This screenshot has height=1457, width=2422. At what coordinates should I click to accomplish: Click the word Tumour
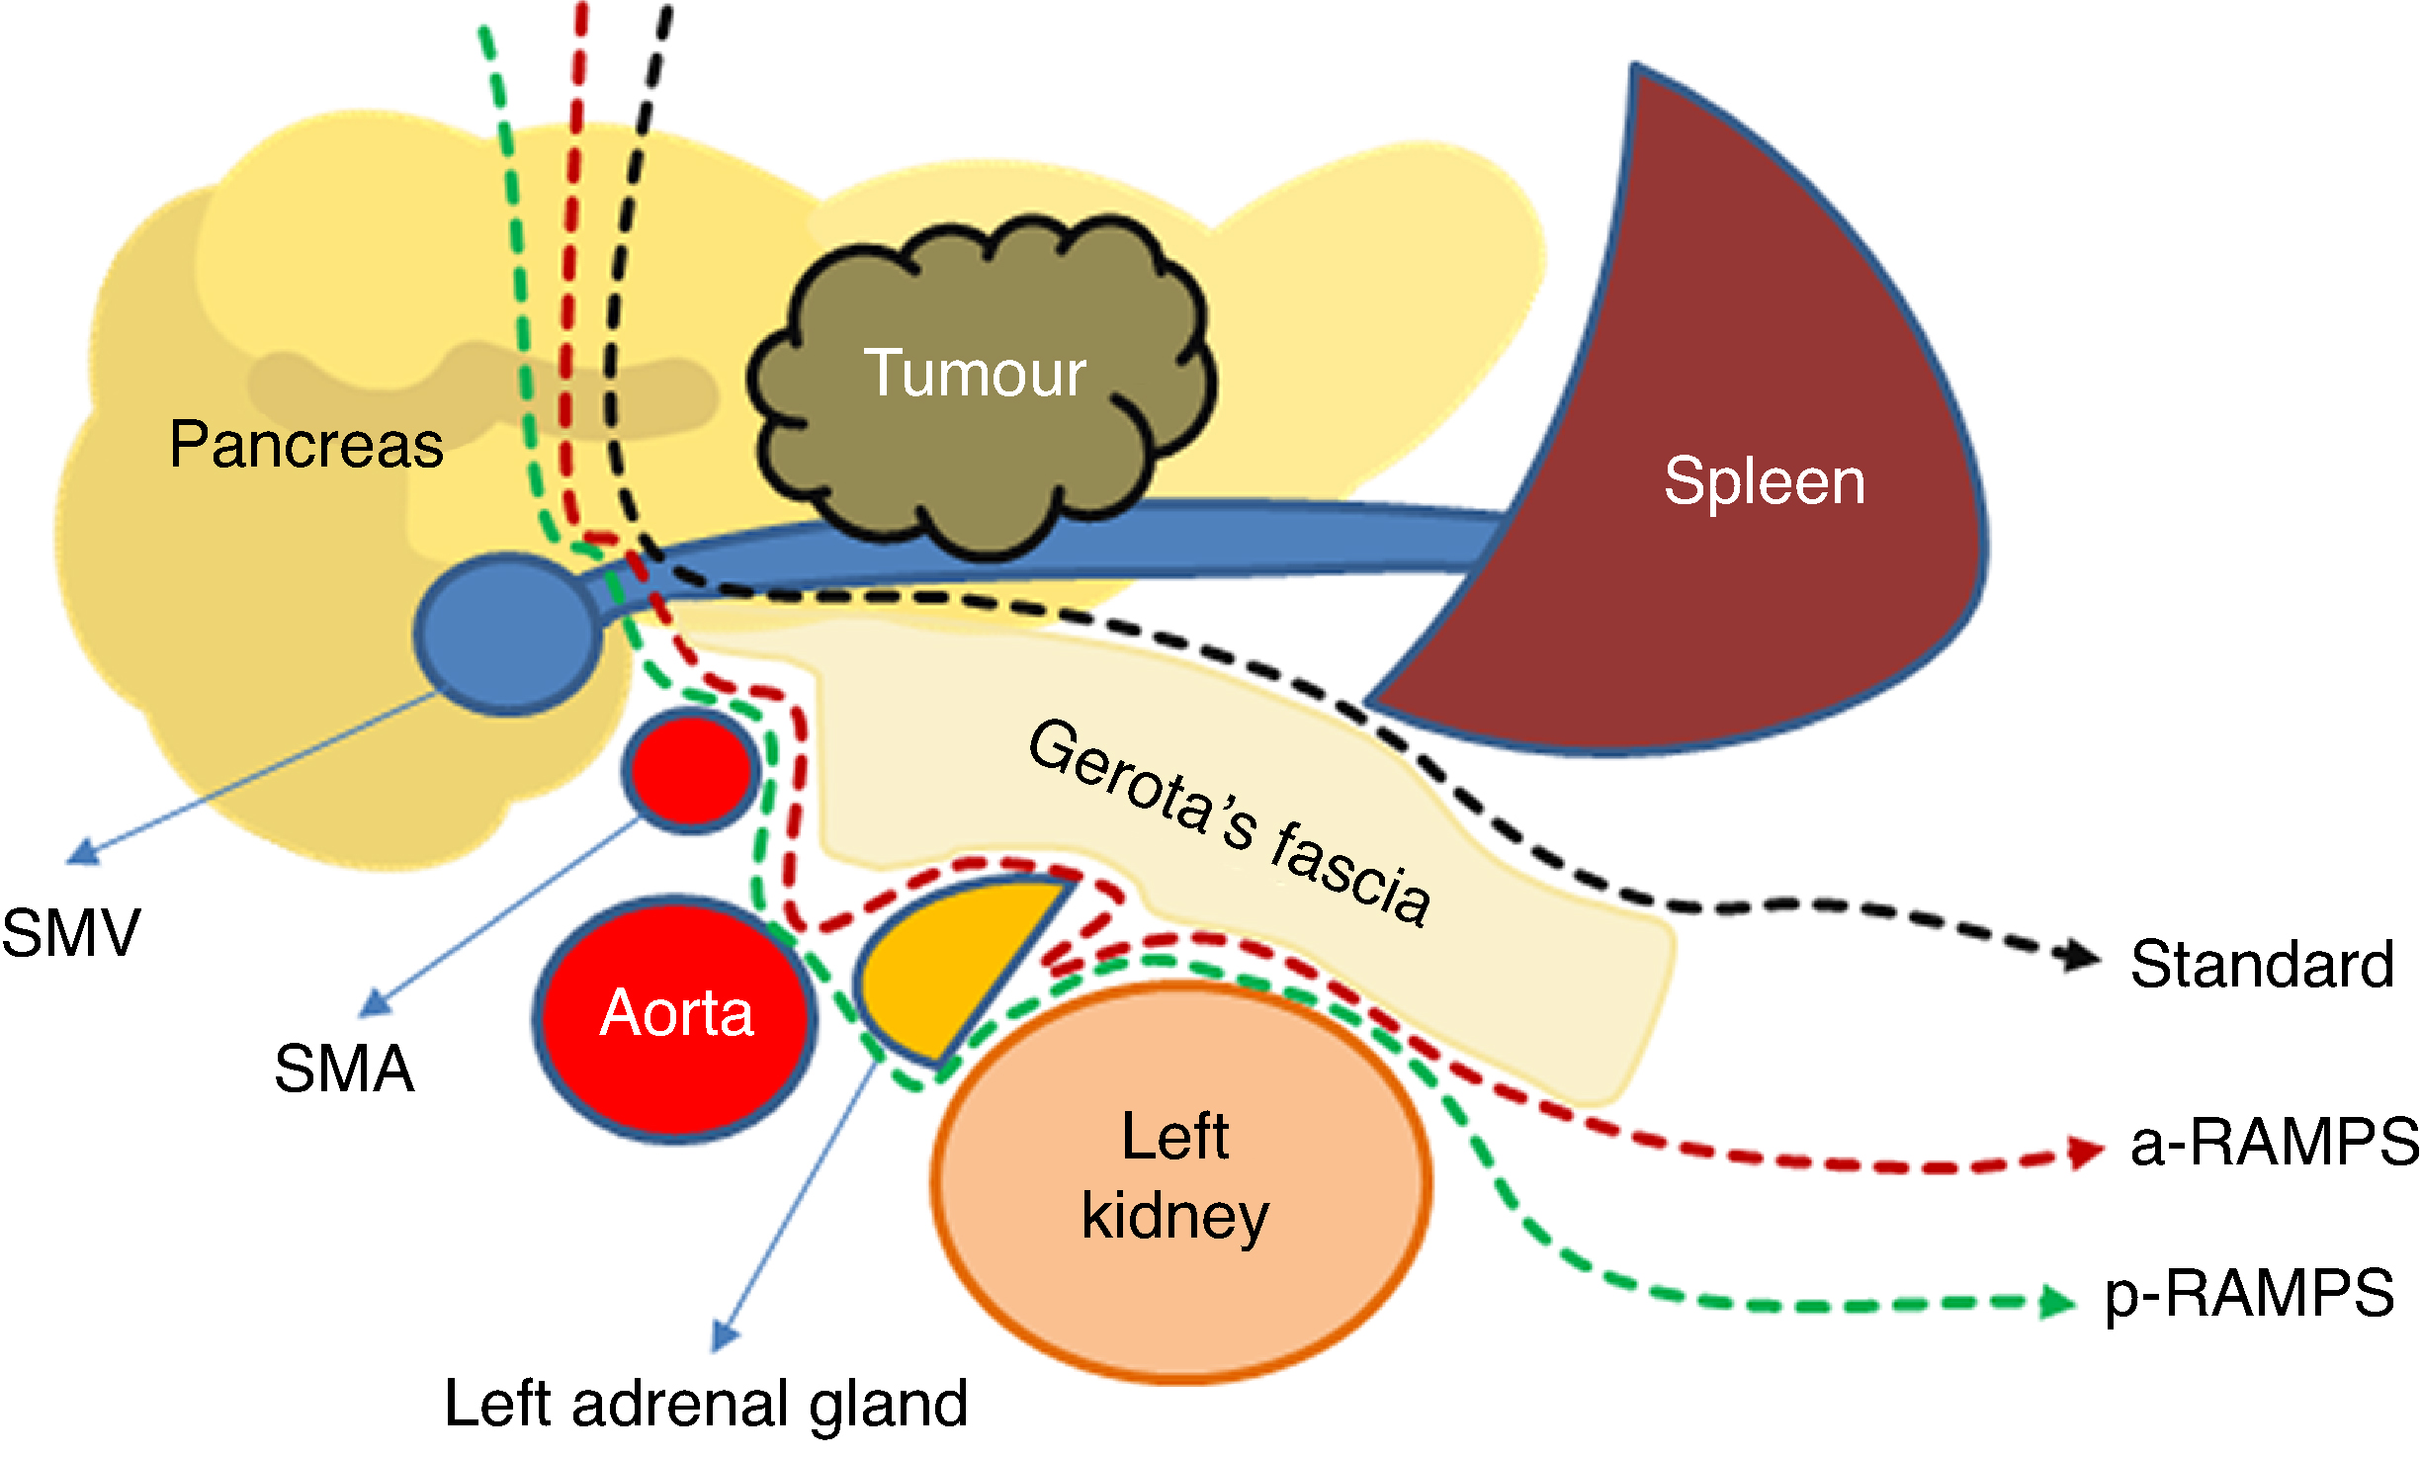(975, 374)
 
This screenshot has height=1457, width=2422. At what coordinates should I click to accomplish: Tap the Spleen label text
(1765, 481)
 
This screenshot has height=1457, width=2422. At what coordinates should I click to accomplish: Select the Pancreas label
(306, 444)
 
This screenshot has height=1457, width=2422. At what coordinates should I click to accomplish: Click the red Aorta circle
(676, 1018)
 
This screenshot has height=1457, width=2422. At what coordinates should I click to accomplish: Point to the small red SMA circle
(691, 770)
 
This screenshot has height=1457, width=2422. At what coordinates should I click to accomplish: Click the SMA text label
(344, 1069)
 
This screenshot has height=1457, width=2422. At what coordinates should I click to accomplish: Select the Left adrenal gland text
(706, 1404)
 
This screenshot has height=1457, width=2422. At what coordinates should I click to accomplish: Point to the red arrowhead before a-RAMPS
(2086, 1152)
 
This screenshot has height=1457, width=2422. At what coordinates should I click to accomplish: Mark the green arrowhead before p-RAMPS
(2058, 1302)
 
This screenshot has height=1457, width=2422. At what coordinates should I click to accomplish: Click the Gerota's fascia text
(1230, 822)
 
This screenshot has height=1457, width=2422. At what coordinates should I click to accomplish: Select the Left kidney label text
(1175, 1175)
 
